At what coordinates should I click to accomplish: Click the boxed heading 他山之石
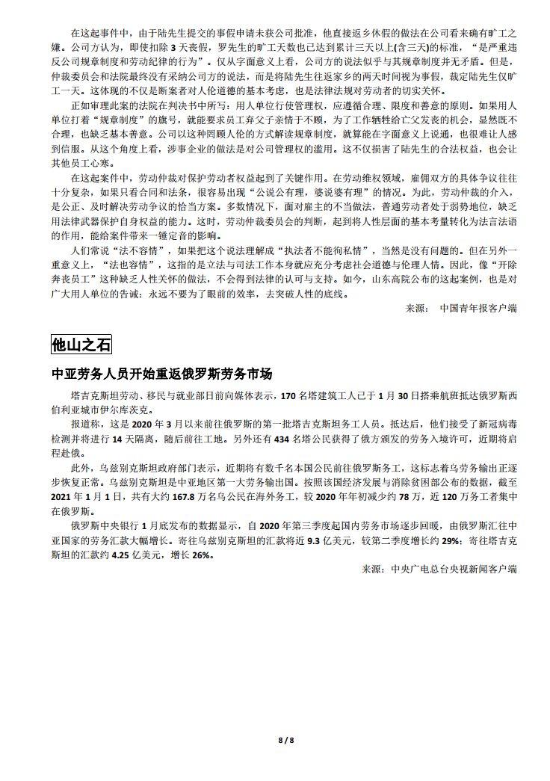coord(81,345)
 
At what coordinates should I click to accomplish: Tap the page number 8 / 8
coord(286,740)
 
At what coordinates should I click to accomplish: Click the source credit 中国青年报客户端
coord(478,307)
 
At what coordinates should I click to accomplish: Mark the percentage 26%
coord(203,556)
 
